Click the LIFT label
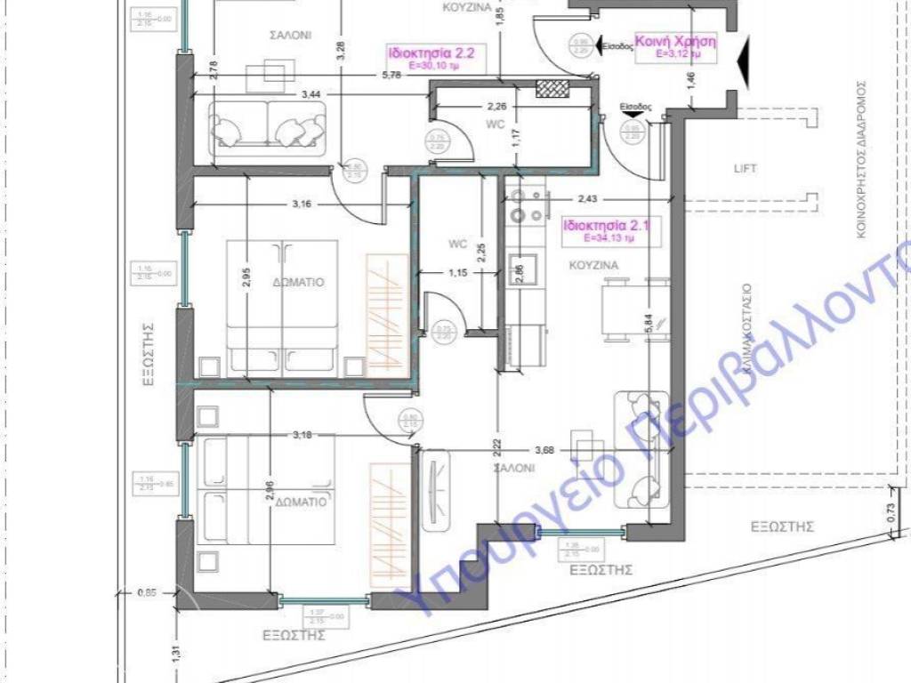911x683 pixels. coord(745,168)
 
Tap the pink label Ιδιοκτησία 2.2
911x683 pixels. coord(431,52)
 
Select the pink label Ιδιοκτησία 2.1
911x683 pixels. coord(606,226)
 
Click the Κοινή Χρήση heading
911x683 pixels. coord(676,41)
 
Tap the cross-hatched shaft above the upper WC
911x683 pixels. coord(553,88)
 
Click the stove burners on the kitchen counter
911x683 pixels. coord(519,214)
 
